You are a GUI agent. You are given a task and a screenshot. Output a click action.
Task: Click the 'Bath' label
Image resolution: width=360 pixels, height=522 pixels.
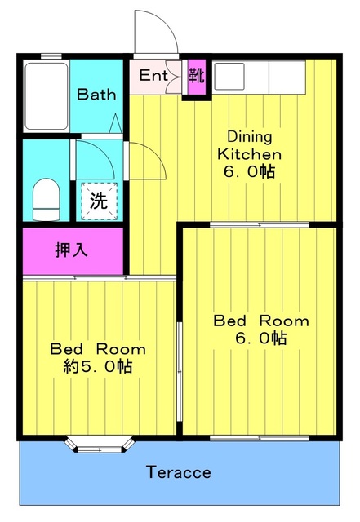pyautogui.click(x=96, y=95)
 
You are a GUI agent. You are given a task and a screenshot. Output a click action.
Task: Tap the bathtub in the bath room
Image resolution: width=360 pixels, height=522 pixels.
pyautogui.click(x=47, y=96)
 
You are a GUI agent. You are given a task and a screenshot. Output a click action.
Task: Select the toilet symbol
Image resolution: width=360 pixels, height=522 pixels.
pyautogui.click(x=47, y=199)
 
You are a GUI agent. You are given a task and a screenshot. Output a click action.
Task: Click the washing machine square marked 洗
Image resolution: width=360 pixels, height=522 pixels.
pyautogui.click(x=100, y=201)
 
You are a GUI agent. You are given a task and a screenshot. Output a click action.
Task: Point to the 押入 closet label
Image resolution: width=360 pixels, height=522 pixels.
pyautogui.click(x=72, y=250)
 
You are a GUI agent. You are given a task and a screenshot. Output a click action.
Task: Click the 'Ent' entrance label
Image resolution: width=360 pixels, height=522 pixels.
pyautogui.click(x=153, y=75)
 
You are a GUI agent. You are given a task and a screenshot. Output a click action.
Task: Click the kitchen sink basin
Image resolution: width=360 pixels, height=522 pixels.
pyautogui.click(x=229, y=77)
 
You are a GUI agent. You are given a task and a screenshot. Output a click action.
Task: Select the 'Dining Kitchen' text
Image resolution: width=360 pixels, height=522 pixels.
pyautogui.click(x=249, y=145)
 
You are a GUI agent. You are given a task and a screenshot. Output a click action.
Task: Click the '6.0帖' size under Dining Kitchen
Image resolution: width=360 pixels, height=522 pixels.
pyautogui.click(x=249, y=172)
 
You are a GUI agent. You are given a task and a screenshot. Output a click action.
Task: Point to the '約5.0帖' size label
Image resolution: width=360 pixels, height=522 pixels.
pyautogui.click(x=98, y=366)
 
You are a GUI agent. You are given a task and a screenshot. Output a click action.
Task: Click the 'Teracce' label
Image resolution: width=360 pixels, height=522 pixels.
pyautogui.click(x=178, y=472)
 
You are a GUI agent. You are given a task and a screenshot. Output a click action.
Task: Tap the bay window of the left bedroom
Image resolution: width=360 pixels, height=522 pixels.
pyautogui.click(x=100, y=445)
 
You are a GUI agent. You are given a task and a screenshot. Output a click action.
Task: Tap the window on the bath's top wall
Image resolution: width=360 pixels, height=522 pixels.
pyautogui.click(x=51, y=56)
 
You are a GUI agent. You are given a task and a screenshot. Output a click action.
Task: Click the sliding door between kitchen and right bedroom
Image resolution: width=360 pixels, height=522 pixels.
pyautogui.click(x=260, y=225)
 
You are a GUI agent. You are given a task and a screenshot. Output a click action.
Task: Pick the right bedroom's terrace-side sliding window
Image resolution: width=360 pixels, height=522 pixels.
pyautogui.click(x=260, y=438)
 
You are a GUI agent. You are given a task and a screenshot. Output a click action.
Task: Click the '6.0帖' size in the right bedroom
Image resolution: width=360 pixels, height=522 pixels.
pyautogui.click(x=261, y=338)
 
